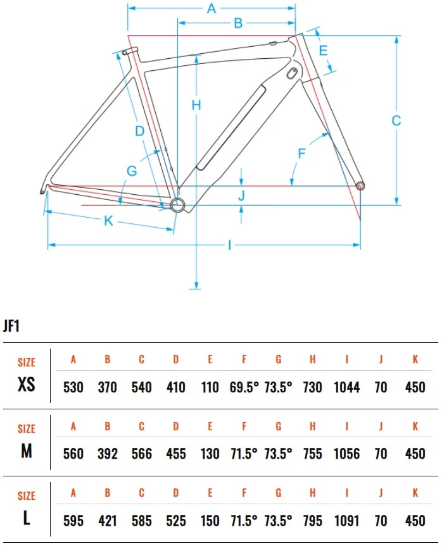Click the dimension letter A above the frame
(x=212, y=8)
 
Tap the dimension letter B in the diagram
(x=238, y=23)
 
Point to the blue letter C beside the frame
(x=396, y=120)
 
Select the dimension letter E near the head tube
(x=323, y=51)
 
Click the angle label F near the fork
(x=302, y=153)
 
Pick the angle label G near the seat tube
(x=132, y=171)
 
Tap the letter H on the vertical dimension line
(x=196, y=105)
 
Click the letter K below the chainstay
(x=108, y=220)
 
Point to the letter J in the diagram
(x=241, y=195)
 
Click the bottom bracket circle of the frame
(x=177, y=205)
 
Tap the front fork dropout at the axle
(x=360, y=185)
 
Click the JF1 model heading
(x=11, y=326)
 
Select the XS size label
(x=27, y=384)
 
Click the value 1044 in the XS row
(x=346, y=387)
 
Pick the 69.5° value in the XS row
(x=244, y=387)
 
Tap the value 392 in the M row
(x=108, y=454)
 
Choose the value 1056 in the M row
(x=346, y=454)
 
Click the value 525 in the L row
(x=175, y=521)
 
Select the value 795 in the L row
(x=312, y=521)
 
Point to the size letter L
(x=27, y=518)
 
